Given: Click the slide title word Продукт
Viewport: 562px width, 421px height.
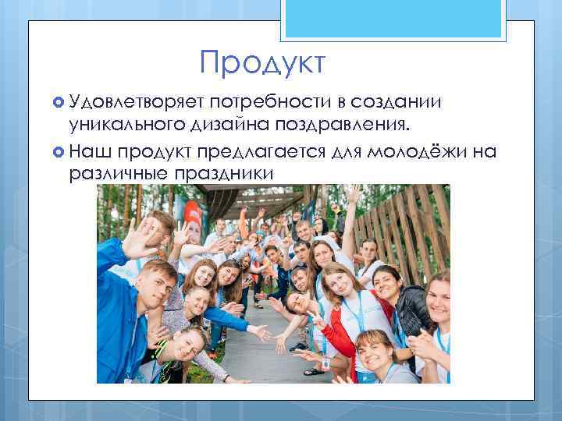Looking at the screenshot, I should [x=261, y=63].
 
